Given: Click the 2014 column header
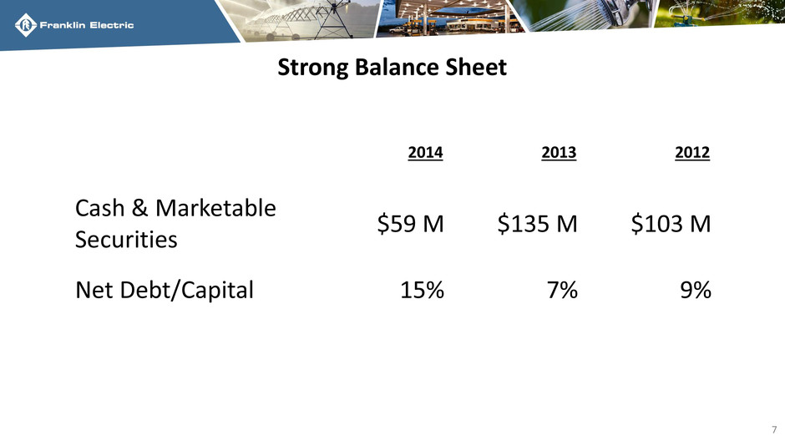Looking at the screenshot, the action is pos(425,152).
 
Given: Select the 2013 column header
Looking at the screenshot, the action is pos(559,152).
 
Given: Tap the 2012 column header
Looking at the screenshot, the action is pos(692,152).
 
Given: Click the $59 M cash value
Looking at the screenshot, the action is pos(411,223).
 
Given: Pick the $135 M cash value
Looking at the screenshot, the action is pos(537,223).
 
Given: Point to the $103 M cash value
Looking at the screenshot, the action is pos(671,223).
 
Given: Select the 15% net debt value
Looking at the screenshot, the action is pos(422,290).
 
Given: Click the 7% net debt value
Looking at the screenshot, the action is pos(562,290).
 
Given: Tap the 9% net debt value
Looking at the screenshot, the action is pos(696,290).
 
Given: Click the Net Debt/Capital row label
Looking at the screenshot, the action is pos(165,291).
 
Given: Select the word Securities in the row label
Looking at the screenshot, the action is pos(126,239).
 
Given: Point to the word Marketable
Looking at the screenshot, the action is pos(215,208).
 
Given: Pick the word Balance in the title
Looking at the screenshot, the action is pos(397,67).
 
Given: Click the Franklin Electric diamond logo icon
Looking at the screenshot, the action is pos(26,25).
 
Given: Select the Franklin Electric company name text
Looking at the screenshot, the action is pos(87,25).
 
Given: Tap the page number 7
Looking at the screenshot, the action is pos(774,429).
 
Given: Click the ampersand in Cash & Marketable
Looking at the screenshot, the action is pos(139,208).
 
